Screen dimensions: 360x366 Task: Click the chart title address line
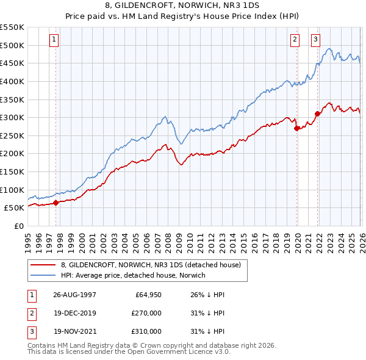pos(183,5)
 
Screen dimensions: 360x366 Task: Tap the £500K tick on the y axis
pos(12,45)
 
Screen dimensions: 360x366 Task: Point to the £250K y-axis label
pos(12,135)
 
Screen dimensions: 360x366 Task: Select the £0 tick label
pos(18,226)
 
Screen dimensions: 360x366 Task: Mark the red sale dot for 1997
pos(56,203)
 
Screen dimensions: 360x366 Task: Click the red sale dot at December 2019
pos(296,128)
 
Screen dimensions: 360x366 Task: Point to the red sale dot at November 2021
pos(317,113)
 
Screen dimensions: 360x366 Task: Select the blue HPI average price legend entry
pos(134,275)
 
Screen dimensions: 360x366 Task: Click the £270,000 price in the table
pos(146,313)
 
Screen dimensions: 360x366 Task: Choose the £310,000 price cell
pos(146,331)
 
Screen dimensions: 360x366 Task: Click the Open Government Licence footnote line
pos(129,352)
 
